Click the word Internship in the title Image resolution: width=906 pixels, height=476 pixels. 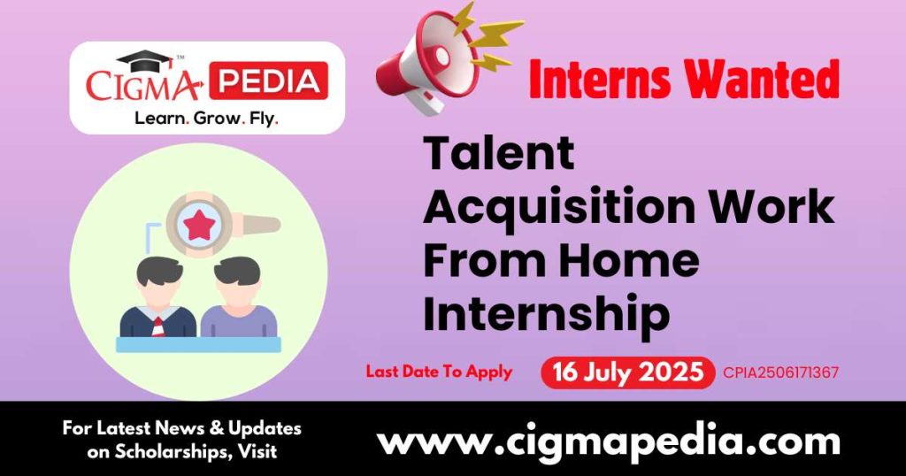point(546,314)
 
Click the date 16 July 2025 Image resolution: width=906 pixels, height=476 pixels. point(628,372)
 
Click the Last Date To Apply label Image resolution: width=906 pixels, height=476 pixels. point(439,372)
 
